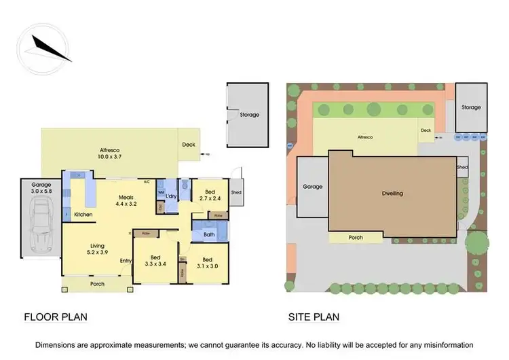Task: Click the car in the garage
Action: (41, 224)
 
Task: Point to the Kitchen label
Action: (83, 215)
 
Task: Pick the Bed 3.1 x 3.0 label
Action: (206, 263)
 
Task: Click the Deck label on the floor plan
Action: (188, 145)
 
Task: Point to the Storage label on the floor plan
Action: (249, 115)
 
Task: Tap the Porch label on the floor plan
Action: (98, 284)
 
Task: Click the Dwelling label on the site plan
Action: (392, 194)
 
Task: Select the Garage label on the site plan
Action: (312, 187)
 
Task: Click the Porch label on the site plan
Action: (356, 238)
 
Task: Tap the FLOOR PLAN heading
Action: (56, 317)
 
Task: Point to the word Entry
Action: (126, 260)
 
